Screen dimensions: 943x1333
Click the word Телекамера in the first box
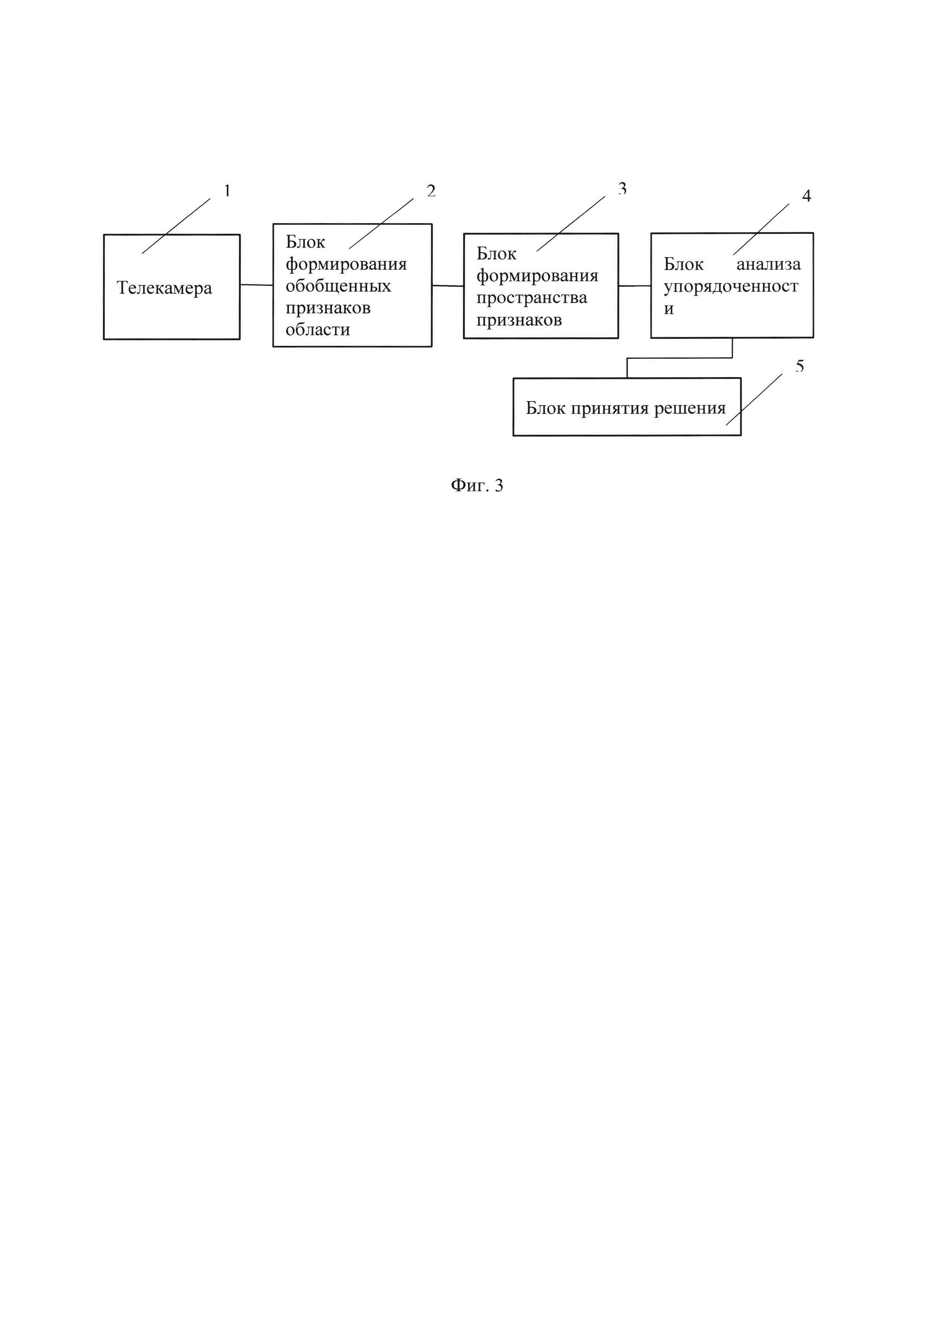pyautogui.click(x=165, y=288)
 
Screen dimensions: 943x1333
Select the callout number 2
pyautogui.click(x=431, y=191)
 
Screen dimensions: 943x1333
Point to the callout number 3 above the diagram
pyautogui.click(x=622, y=188)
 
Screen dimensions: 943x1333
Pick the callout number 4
pyautogui.click(x=806, y=196)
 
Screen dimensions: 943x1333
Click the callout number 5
pyautogui.click(x=800, y=366)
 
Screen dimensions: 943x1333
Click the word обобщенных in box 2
pyautogui.click(x=338, y=286)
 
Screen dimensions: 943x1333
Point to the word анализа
pyautogui.click(x=768, y=265)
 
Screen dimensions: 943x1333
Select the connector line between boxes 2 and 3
pyautogui.click(x=448, y=286)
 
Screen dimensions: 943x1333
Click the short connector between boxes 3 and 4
pyautogui.click(x=634, y=286)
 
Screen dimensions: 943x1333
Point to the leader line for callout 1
pyautogui.click(x=176, y=226)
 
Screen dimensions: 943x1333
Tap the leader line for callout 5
pyautogui.click(x=754, y=399)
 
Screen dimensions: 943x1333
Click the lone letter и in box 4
pyautogui.click(x=669, y=309)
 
